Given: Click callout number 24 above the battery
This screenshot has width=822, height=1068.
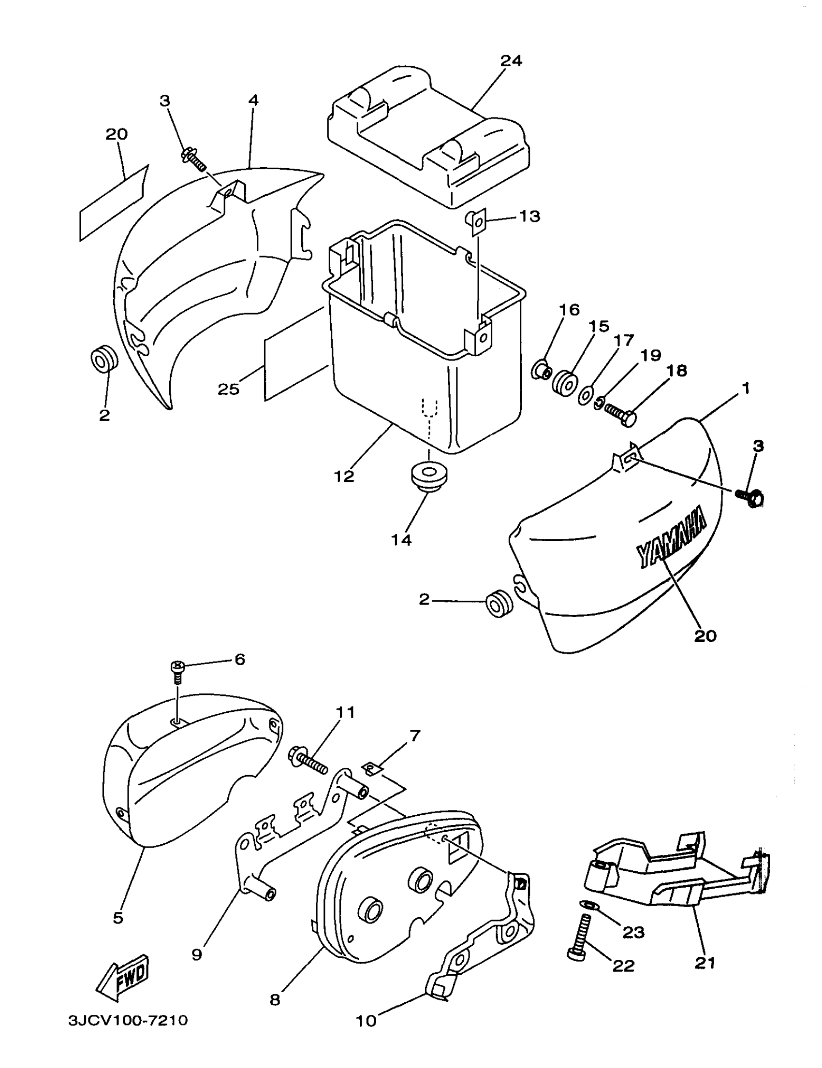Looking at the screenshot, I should [x=511, y=61].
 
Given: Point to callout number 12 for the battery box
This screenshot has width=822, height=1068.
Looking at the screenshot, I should [x=344, y=476].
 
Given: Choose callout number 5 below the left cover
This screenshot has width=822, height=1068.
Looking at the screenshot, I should [x=118, y=917].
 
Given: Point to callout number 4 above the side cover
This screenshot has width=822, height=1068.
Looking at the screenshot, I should [x=253, y=100].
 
